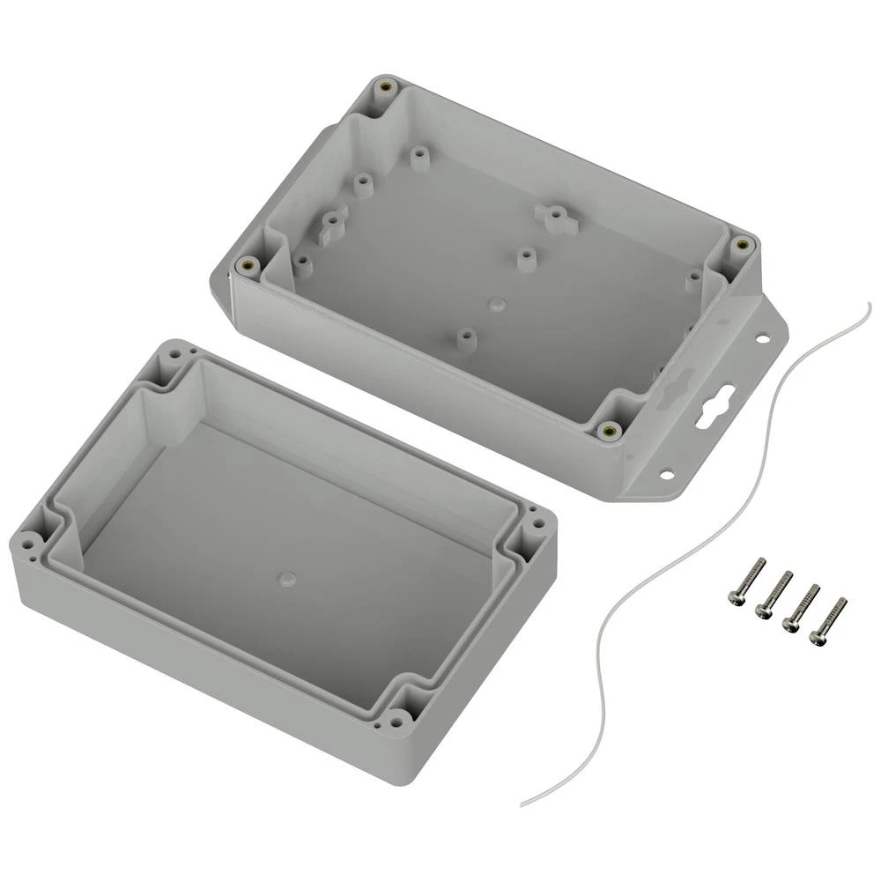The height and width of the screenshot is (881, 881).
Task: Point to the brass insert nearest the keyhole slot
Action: coord(607,430)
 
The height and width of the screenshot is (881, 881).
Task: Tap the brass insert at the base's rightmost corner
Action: coord(742,244)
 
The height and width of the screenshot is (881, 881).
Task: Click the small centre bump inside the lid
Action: coord(285,579)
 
